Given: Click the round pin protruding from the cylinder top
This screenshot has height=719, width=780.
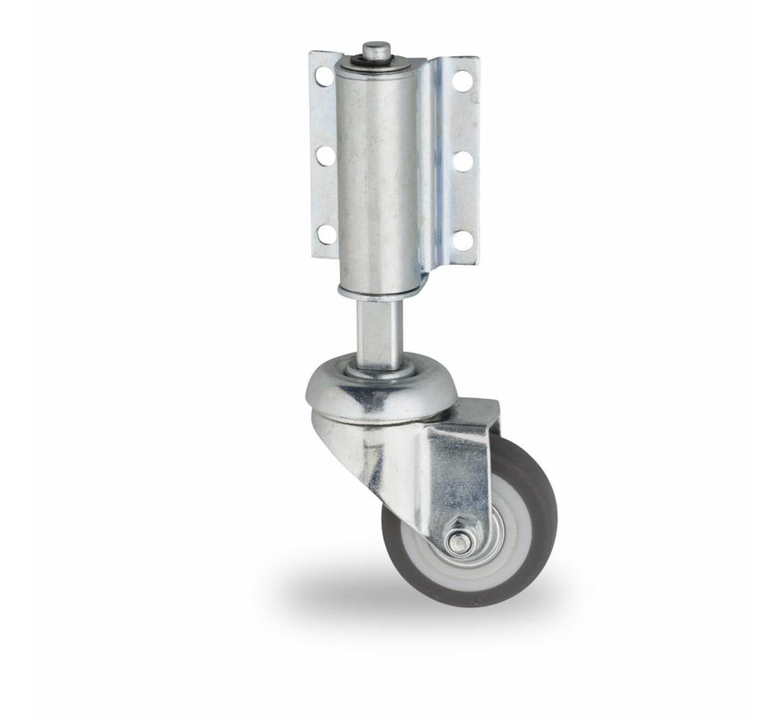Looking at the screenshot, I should tap(376, 49).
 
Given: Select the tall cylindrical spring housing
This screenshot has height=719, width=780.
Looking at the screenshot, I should tap(377, 175).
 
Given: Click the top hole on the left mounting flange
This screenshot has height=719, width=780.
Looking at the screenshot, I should tap(324, 76).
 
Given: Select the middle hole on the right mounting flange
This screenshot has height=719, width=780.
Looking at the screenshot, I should tap(463, 161).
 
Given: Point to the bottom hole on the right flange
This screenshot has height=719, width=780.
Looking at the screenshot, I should tap(463, 238).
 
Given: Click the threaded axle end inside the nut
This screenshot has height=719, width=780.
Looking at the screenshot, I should tap(457, 543).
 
